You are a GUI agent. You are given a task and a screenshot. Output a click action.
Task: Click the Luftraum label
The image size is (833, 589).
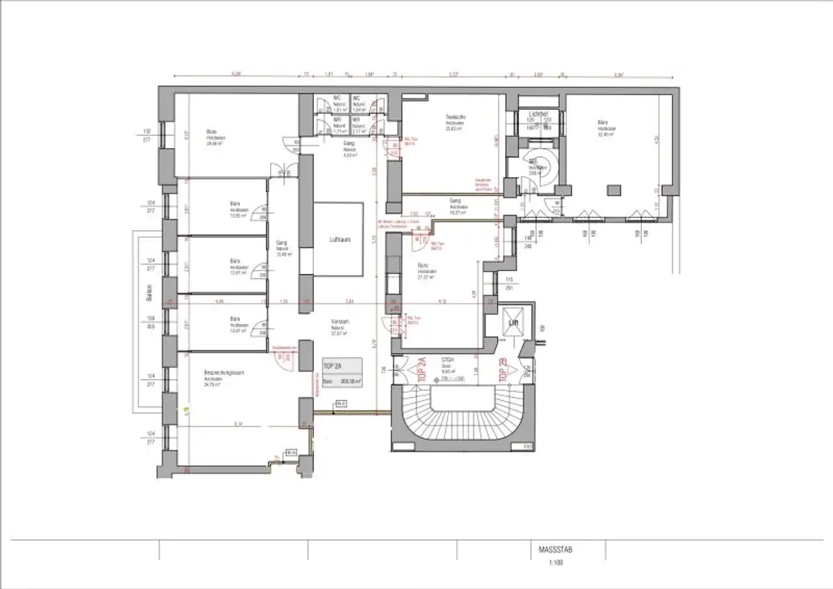tap(339, 241)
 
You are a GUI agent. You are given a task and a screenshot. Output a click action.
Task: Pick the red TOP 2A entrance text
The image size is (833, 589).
tap(421, 369)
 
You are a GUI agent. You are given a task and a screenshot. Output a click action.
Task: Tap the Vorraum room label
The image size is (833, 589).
tap(339, 322)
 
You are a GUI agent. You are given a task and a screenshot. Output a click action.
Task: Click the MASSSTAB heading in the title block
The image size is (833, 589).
tap(555, 549)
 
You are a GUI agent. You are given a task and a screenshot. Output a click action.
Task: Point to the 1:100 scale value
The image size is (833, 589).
tap(555, 561)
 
